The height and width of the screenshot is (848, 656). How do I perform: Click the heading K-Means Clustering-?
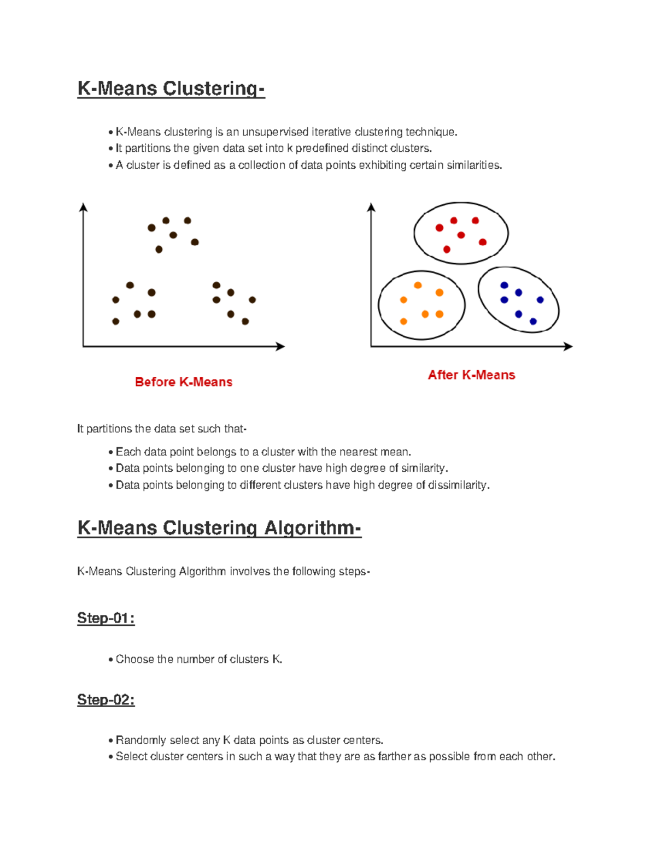(171, 88)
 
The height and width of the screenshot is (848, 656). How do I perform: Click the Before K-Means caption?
(184, 382)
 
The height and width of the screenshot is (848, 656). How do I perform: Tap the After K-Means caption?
(471, 375)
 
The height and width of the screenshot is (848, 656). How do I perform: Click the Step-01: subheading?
(106, 618)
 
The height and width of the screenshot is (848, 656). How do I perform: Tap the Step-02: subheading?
(106, 699)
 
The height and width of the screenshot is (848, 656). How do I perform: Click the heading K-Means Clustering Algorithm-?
(219, 528)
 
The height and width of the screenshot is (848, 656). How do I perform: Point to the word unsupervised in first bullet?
(275, 132)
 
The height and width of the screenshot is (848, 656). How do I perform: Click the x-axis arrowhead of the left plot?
(280, 346)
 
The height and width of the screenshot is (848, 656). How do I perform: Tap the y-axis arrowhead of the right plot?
(371, 207)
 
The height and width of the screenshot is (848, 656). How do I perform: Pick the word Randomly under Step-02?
(140, 740)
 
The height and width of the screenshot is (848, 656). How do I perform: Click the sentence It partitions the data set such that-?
(162, 429)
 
